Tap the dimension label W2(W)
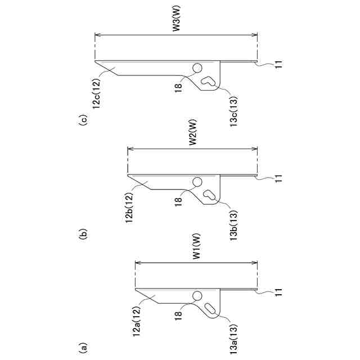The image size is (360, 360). click(x=192, y=140)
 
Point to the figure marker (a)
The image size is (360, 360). click(x=83, y=347)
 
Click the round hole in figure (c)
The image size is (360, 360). click(x=197, y=67)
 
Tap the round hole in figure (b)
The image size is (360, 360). click(x=197, y=182)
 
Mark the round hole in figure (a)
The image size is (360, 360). click(x=197, y=296)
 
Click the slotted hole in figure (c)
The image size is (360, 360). click(x=209, y=80)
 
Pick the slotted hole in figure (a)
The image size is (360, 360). click(x=210, y=309)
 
